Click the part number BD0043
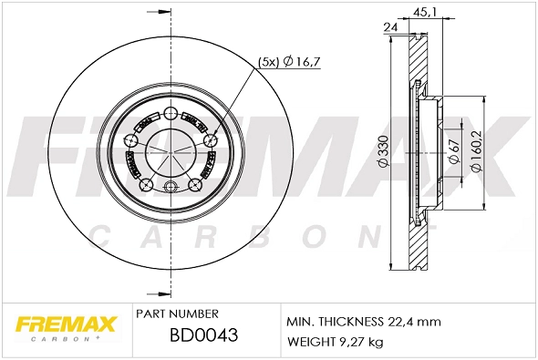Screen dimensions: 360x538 [x=204, y=334]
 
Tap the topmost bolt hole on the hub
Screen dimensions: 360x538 [x=170, y=113]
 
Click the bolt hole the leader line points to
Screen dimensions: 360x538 [x=210, y=140]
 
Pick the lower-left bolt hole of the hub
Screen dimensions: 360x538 [x=144, y=185]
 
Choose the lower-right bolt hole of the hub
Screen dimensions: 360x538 [x=194, y=185]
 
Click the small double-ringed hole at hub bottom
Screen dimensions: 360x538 [x=169, y=189]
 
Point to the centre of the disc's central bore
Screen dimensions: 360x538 [x=170, y=149]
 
